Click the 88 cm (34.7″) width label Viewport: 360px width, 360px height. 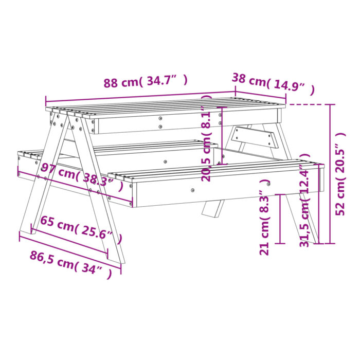[146, 82]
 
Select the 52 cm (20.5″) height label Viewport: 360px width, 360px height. [340, 174]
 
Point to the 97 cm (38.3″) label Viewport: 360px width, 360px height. [82, 177]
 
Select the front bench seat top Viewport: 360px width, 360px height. [216, 170]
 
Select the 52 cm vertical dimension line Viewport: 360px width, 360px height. [330, 174]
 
